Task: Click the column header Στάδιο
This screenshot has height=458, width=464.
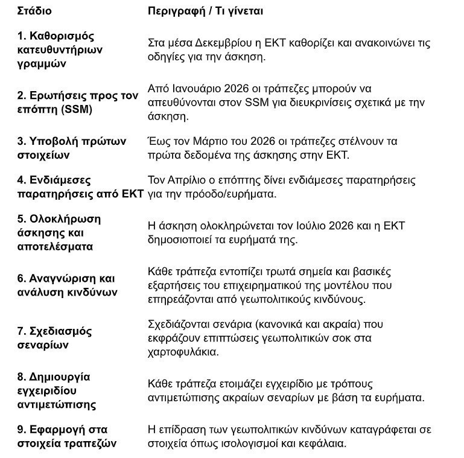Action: point(34,11)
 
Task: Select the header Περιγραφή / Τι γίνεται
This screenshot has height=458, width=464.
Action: point(205,11)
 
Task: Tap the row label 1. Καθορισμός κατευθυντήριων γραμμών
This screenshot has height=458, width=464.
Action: point(56,50)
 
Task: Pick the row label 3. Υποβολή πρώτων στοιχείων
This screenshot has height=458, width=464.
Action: point(72,148)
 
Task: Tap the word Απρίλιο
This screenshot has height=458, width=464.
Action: point(189,180)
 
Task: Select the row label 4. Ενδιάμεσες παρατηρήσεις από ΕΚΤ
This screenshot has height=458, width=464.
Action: point(80,187)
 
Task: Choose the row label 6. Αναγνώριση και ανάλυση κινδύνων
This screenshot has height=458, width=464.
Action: point(67,285)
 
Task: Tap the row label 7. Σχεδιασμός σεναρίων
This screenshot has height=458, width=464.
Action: point(54,338)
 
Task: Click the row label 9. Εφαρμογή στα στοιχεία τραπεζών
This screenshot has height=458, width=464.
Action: point(67,437)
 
